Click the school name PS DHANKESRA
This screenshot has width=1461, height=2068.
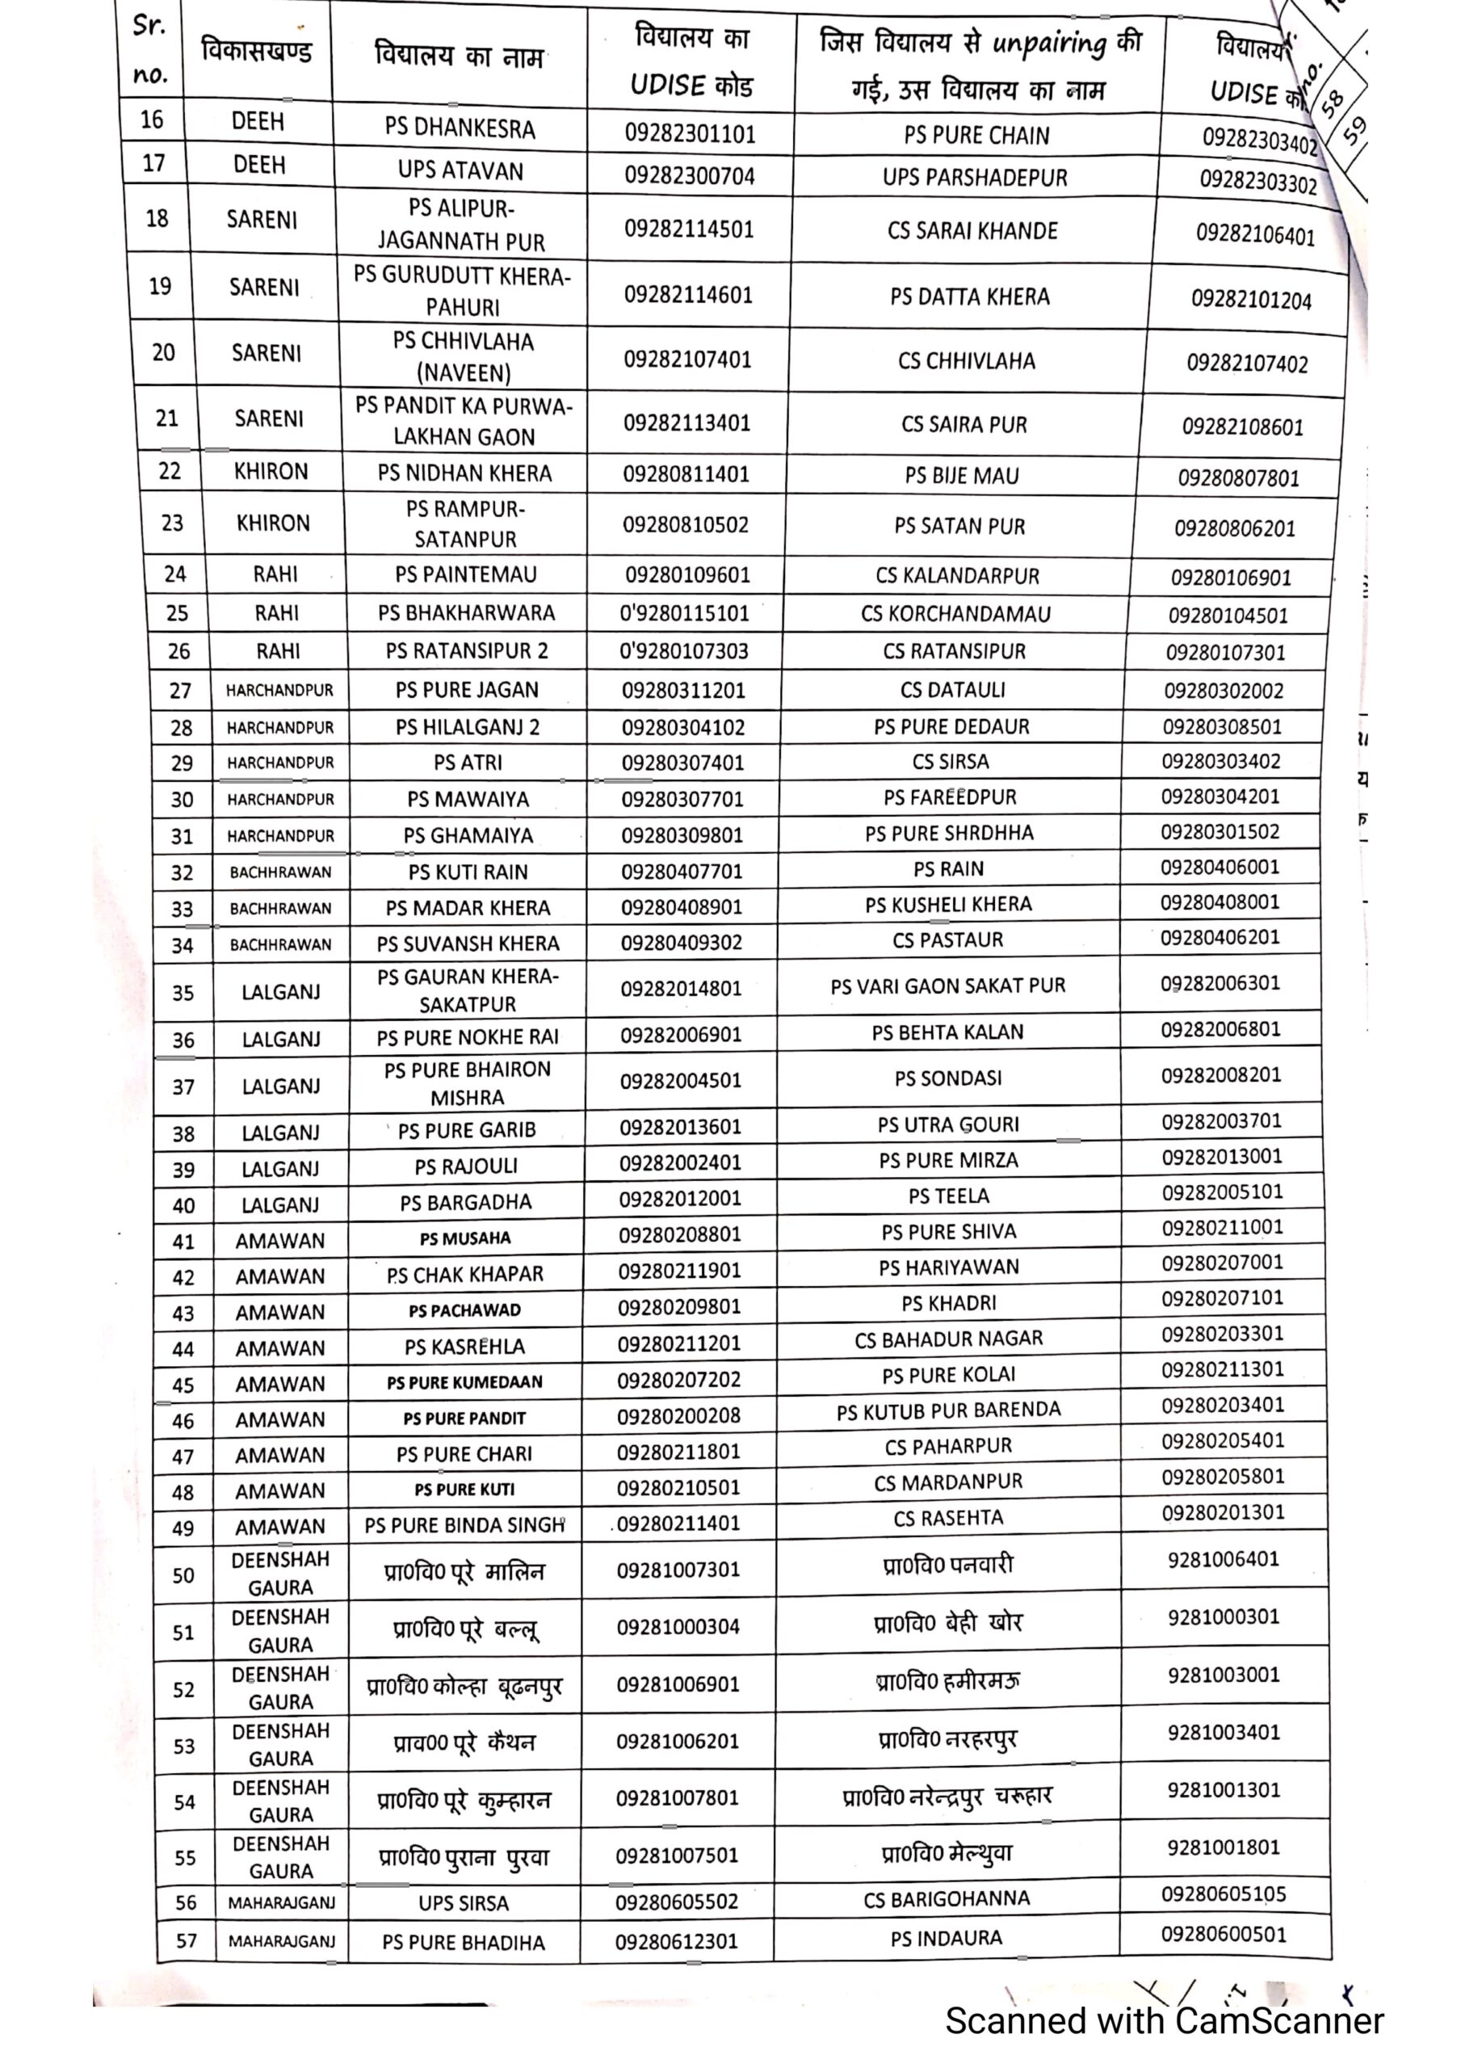460,128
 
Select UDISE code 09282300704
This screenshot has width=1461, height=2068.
689,175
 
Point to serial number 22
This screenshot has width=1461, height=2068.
170,471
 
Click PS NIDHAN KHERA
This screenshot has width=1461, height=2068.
464,473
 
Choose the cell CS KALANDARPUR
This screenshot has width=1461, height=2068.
956,575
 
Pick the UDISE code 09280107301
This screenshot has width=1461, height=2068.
1225,652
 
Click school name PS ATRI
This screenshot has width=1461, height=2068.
468,763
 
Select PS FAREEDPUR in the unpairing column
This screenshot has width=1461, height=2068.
950,797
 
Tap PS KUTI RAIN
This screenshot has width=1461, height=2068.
468,872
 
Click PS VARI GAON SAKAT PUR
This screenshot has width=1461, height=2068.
947,986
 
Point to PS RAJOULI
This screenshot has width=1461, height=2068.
466,1166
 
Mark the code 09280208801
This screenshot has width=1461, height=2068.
679,1235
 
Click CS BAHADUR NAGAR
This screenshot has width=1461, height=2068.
948,1339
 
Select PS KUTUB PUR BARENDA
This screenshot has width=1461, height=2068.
948,1411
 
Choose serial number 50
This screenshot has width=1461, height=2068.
184,1575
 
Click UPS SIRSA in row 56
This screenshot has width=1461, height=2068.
463,1903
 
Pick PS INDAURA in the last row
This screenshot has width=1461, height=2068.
946,1938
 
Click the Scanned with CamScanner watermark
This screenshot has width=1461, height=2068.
1164,2020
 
